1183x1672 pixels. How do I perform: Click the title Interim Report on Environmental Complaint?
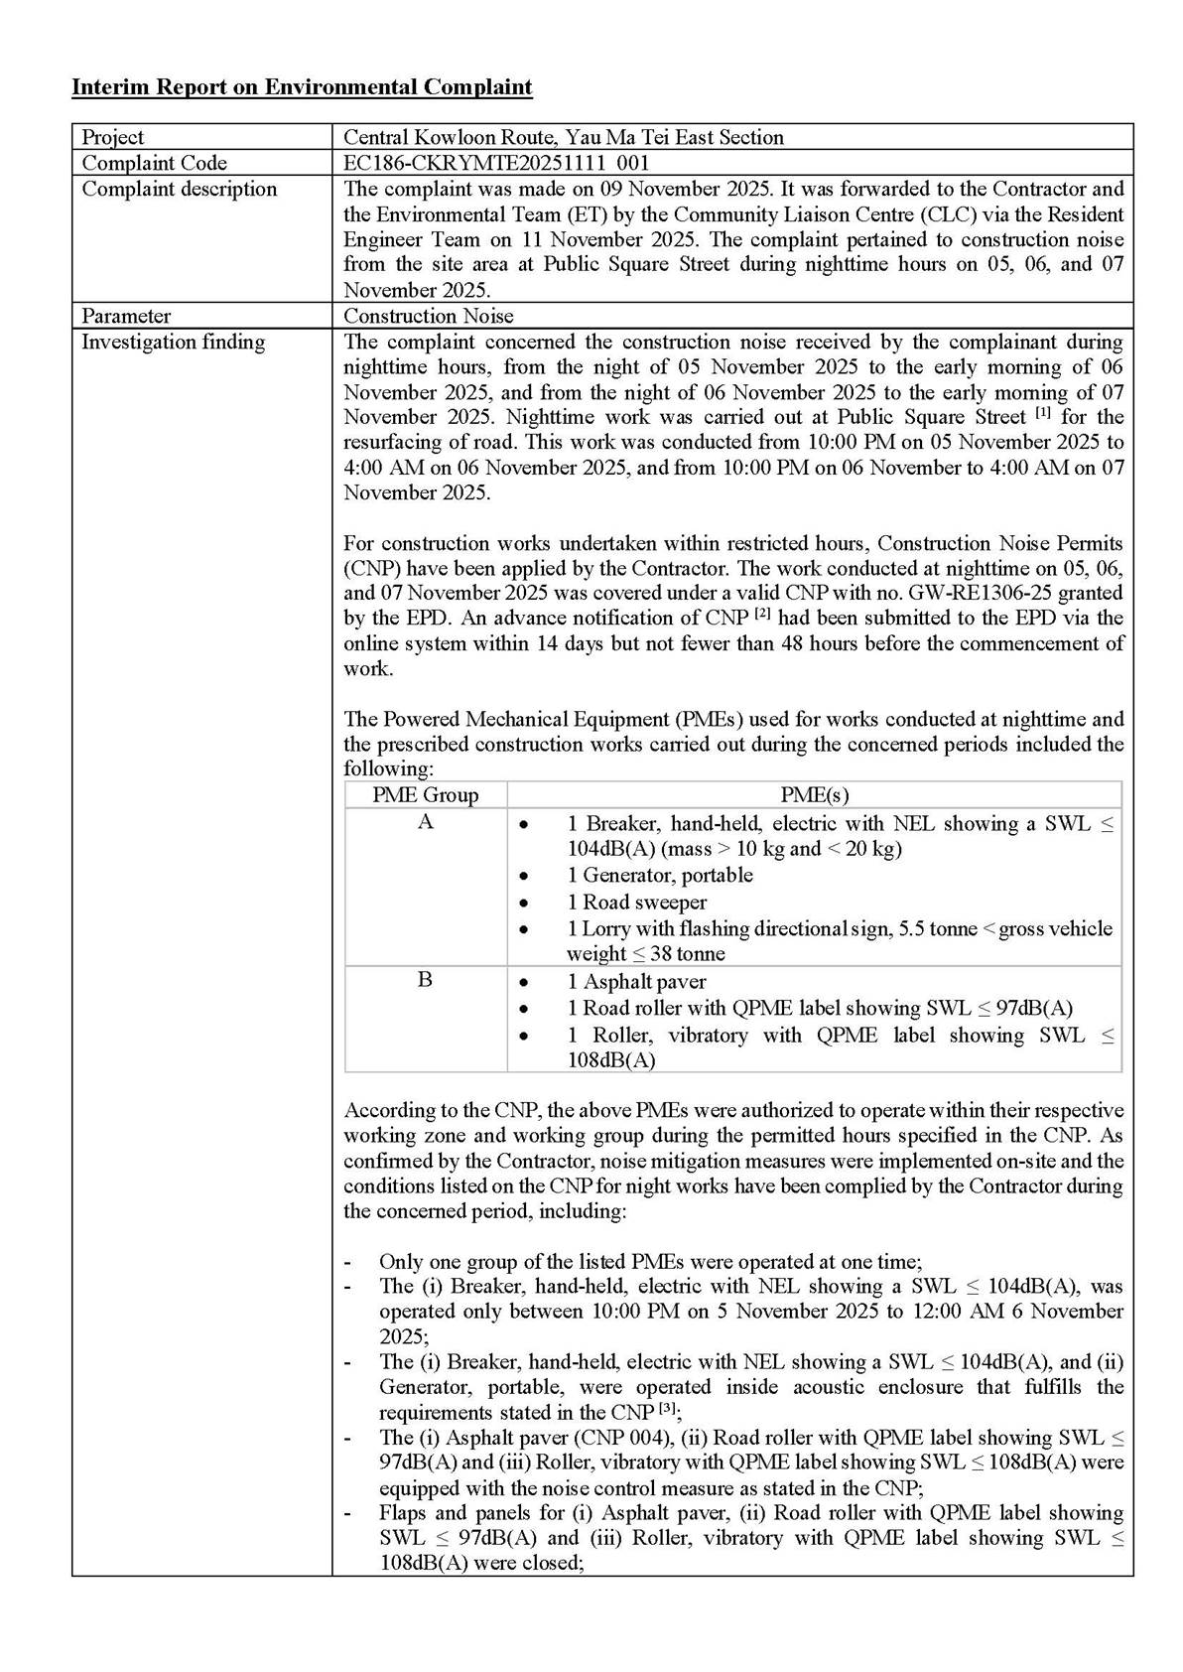[302, 87]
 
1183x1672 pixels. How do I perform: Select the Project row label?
[112, 137]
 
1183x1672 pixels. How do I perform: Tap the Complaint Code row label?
[154, 163]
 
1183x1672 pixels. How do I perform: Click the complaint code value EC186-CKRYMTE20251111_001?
[496, 163]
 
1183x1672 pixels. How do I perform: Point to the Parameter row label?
[126, 316]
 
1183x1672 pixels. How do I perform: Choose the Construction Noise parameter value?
[429, 316]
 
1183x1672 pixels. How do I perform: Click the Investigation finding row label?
[173, 342]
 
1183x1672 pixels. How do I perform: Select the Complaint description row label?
[179, 189]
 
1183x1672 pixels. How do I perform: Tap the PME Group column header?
[425, 794]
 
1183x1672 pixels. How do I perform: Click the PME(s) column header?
[814, 794]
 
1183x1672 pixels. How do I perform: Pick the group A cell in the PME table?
[425, 822]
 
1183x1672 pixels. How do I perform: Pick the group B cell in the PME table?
[425, 980]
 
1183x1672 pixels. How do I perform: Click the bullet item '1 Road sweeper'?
[636, 902]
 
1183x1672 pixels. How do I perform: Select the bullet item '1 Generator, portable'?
[660, 875]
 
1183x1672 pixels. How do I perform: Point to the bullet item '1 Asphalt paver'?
[636, 981]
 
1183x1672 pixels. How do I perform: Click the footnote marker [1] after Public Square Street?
[1043, 413]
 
